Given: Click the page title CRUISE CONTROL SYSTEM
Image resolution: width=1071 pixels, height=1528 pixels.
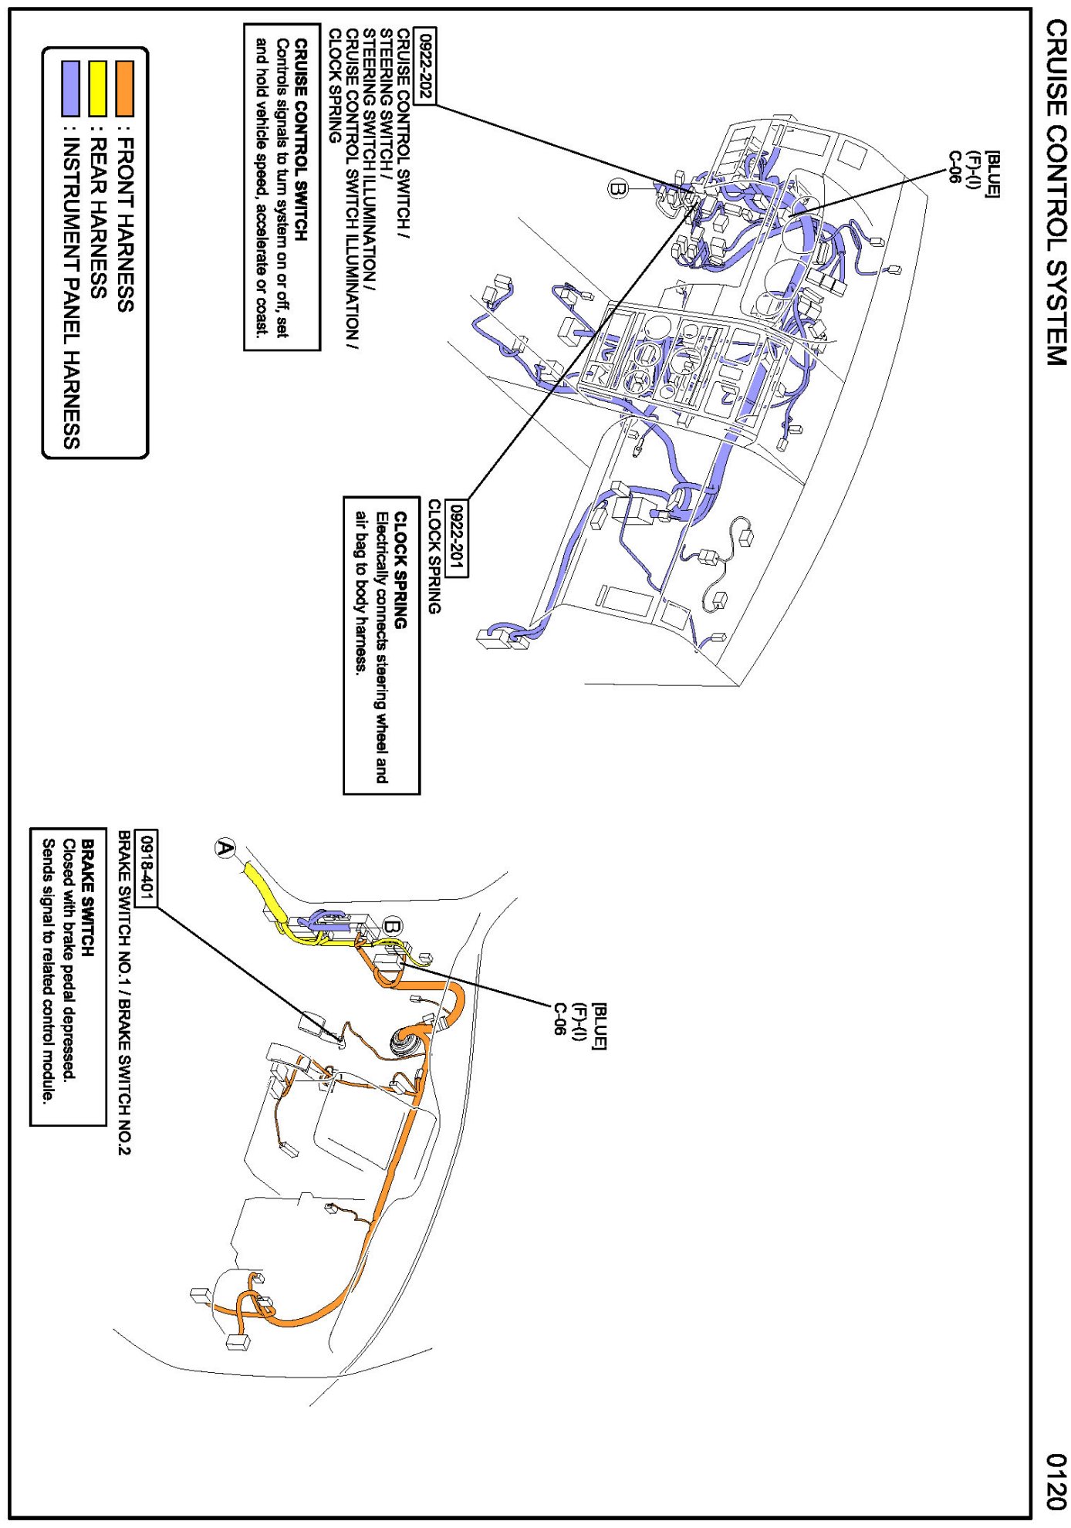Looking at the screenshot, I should tap(1055, 192).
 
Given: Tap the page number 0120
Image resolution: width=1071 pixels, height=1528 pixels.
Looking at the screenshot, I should tap(1055, 1481).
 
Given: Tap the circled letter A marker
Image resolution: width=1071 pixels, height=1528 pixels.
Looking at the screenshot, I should tap(225, 848).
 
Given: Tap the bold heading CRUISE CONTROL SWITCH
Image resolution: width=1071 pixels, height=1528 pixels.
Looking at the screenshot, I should tap(302, 140).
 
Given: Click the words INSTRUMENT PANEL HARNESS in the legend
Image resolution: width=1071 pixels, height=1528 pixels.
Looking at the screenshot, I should tap(71, 293).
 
